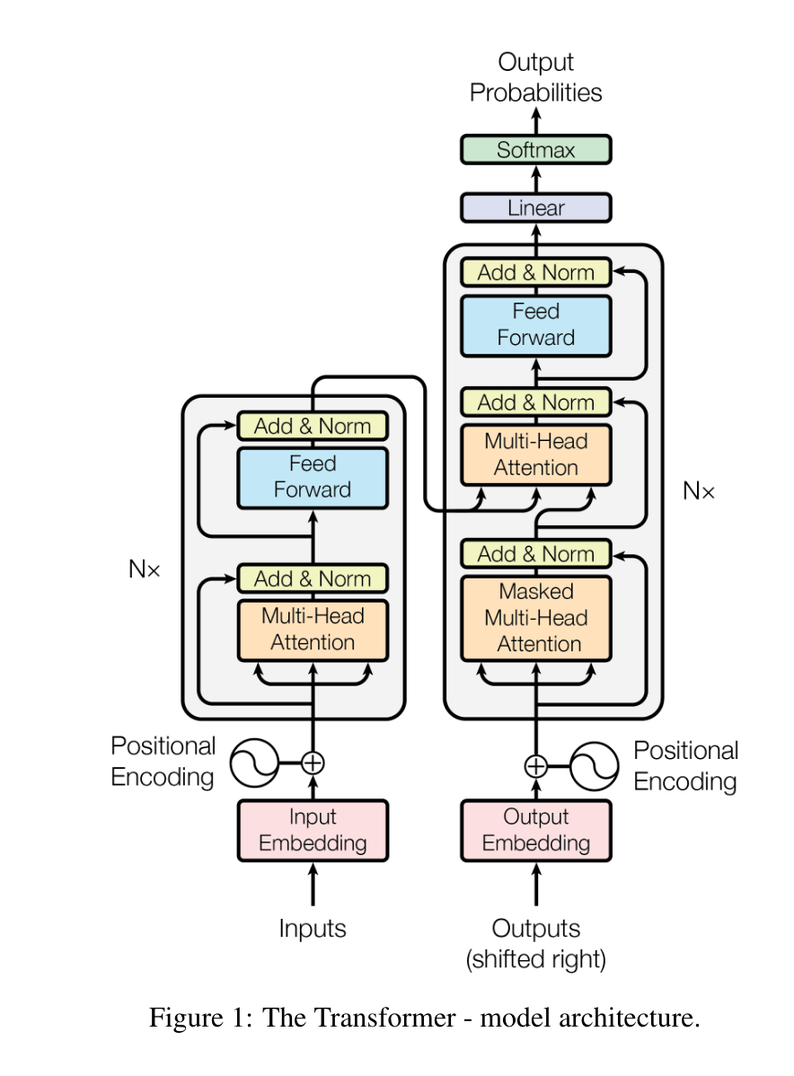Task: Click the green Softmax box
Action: point(536,149)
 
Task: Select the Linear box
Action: point(536,207)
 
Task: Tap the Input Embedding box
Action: point(313,830)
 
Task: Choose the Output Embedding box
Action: point(536,830)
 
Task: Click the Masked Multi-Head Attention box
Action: point(536,618)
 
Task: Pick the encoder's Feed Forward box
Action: point(313,477)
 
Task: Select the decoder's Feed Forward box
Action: point(536,324)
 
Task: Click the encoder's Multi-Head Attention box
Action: point(313,629)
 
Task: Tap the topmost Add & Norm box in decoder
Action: point(536,272)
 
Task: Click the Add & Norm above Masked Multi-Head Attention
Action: point(536,554)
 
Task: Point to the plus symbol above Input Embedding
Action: point(313,763)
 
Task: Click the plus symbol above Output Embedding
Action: point(536,765)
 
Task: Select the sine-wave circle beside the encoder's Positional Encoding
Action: point(254,763)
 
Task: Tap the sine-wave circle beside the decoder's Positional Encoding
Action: point(595,765)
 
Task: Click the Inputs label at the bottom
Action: point(313,928)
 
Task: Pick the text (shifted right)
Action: point(536,959)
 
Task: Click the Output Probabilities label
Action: point(536,77)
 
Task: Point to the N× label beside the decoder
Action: point(699,490)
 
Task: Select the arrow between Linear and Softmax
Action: point(536,178)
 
